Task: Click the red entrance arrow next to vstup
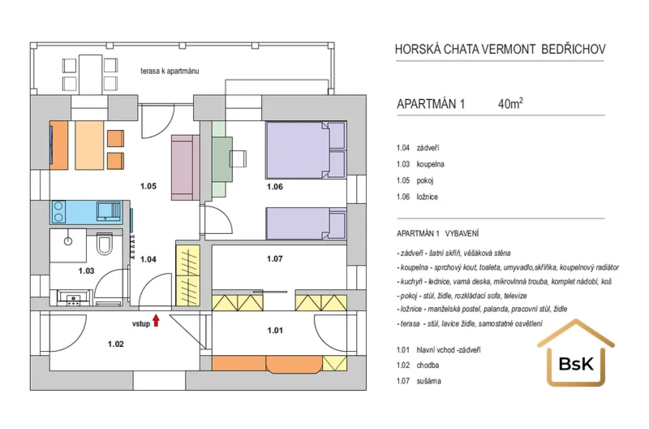pos(156,320)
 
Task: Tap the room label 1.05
pos(148,186)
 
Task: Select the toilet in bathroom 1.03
pos(105,244)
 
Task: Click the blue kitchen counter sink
pos(110,211)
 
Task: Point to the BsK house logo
pos(576,353)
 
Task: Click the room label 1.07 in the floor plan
pos(275,258)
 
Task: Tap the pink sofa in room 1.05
pos(186,168)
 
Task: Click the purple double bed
pos(306,150)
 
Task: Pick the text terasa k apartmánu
pos(170,71)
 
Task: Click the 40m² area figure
pos(510,103)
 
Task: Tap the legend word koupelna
pos(431,164)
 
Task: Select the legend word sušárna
pos(429,381)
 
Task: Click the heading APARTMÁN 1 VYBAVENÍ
pos(437,233)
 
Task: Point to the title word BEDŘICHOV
pos(574,50)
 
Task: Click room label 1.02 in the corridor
pos(115,344)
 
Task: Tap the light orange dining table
pos(89,145)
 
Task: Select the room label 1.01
pos(275,331)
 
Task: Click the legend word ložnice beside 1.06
pos(428,197)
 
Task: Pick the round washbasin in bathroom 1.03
pos(68,240)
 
